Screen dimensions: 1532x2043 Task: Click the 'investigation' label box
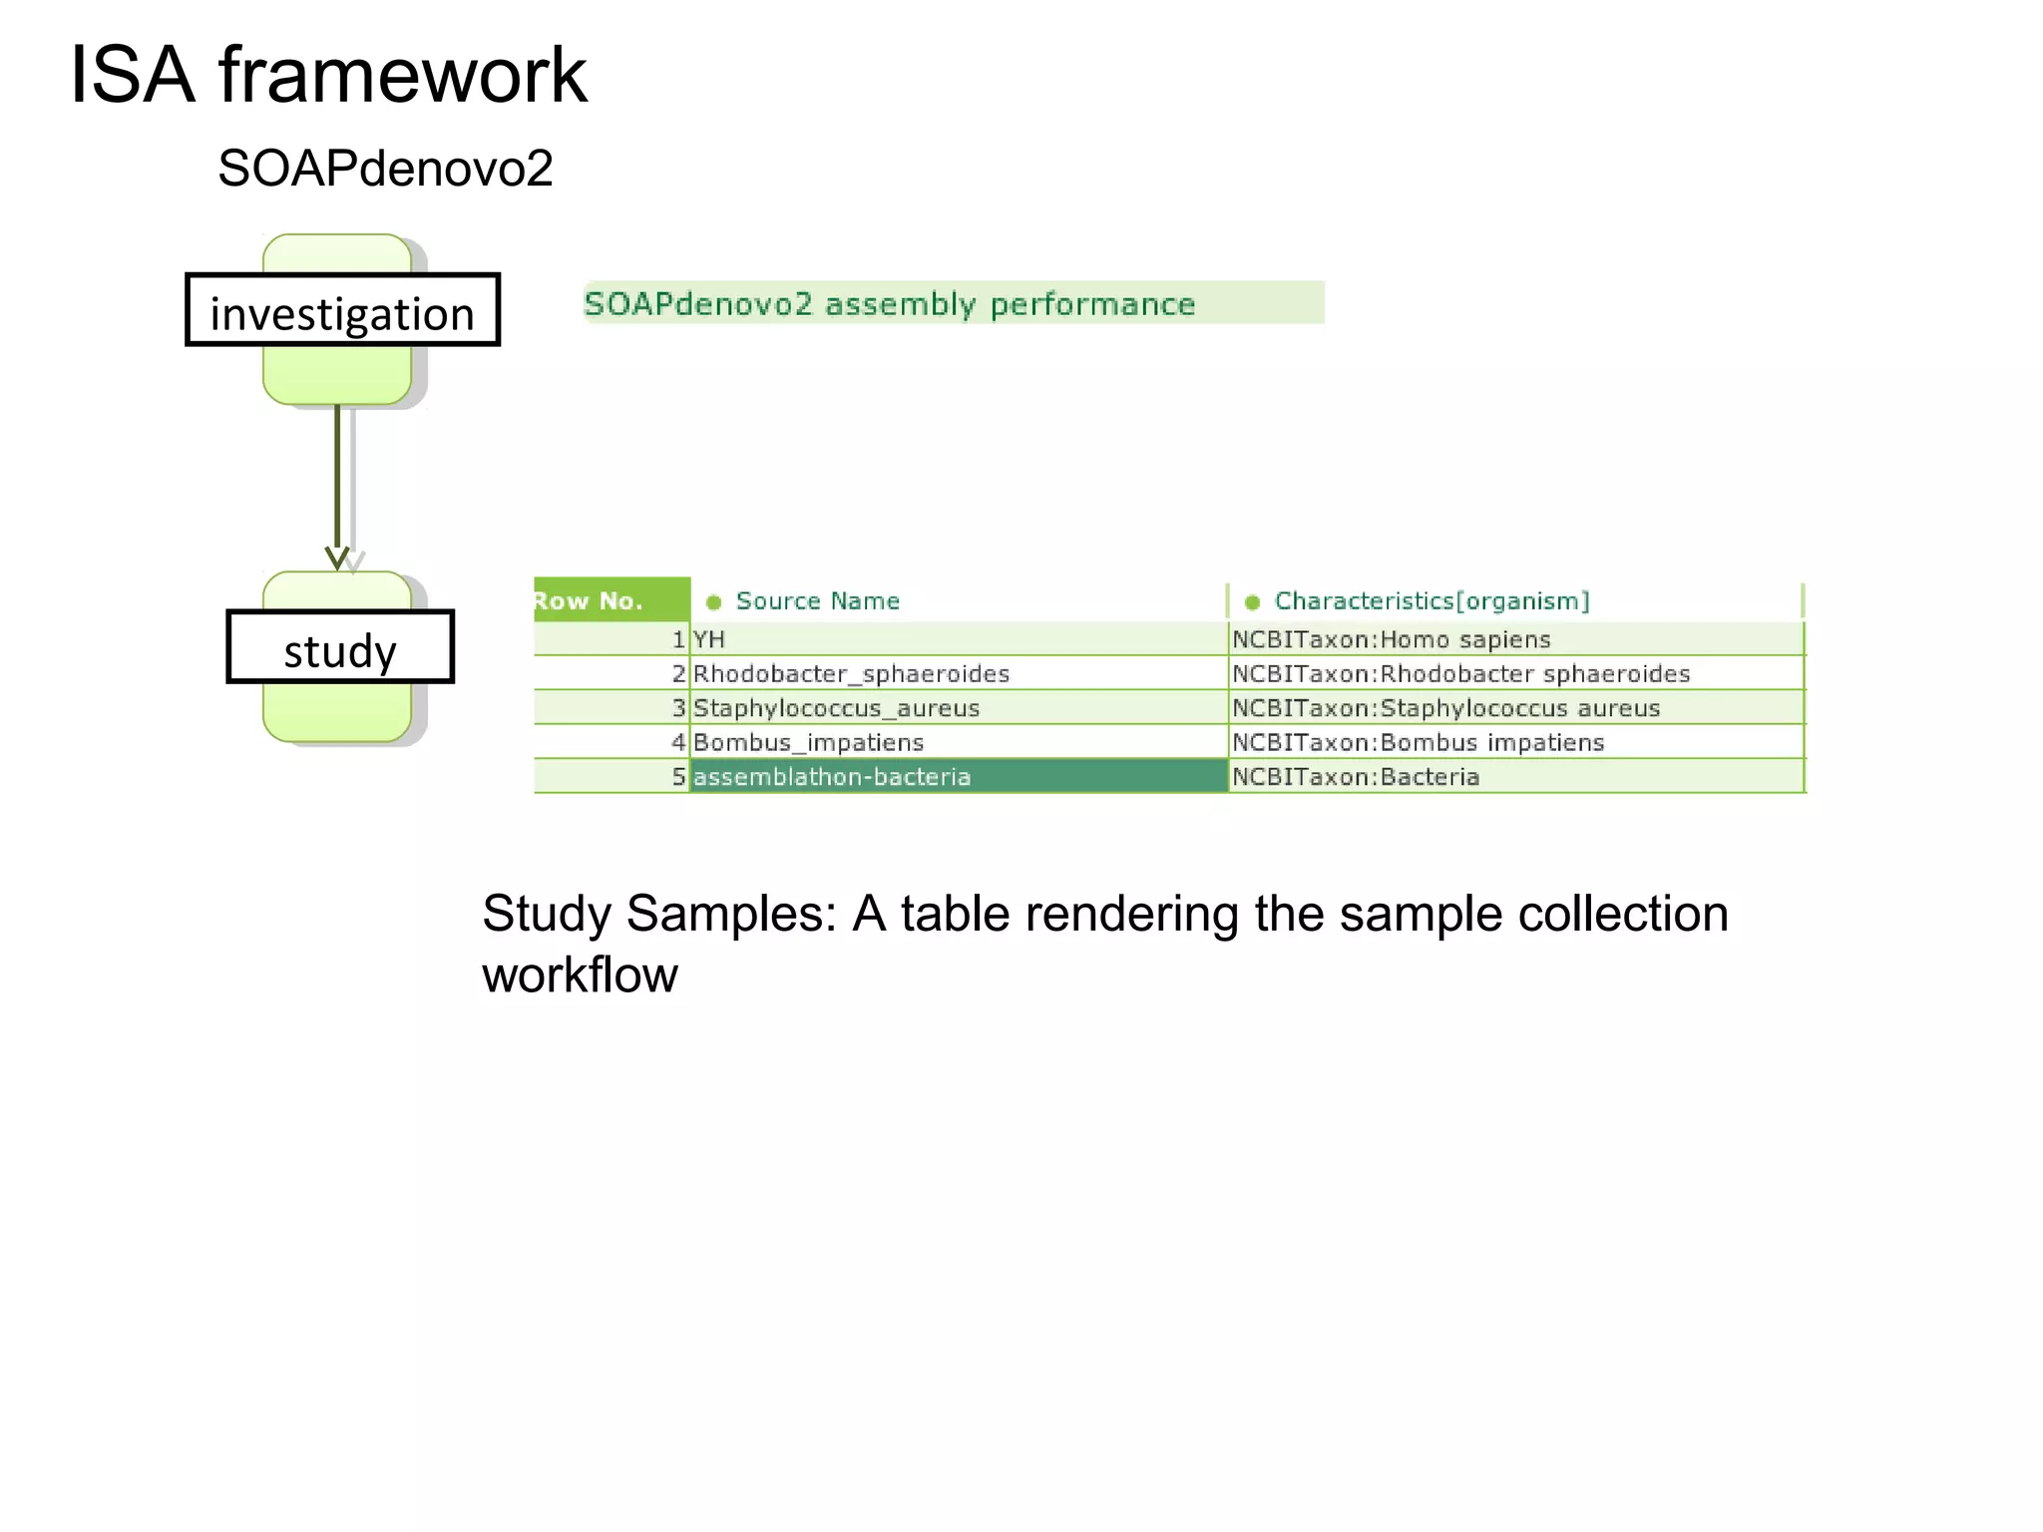tap(342, 310)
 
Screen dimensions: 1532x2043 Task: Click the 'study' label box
tap(340, 647)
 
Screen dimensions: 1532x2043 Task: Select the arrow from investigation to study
tap(337, 479)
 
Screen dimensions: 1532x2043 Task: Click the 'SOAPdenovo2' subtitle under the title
tap(385, 168)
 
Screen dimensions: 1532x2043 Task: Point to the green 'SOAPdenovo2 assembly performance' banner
tap(953, 303)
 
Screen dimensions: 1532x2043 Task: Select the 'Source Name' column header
tap(817, 600)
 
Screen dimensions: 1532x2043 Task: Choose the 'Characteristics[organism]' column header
tap(1430, 600)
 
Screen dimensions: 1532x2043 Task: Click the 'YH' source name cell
tap(709, 639)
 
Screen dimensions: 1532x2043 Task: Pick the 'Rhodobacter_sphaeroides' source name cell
tap(851, 674)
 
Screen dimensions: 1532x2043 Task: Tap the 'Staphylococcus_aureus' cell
tap(836, 708)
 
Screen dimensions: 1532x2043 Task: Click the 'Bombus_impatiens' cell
tap(808, 743)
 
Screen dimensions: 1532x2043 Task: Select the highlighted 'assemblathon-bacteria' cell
tap(958, 777)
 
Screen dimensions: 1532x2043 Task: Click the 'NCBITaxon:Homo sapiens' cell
tap(1391, 639)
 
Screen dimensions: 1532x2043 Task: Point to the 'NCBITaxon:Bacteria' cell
tap(1355, 777)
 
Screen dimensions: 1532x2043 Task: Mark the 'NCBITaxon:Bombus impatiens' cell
tap(1418, 743)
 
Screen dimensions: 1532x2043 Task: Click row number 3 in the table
tap(677, 708)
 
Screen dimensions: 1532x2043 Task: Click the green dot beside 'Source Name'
tap(713, 601)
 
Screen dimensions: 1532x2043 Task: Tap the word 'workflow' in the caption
tap(580, 974)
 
